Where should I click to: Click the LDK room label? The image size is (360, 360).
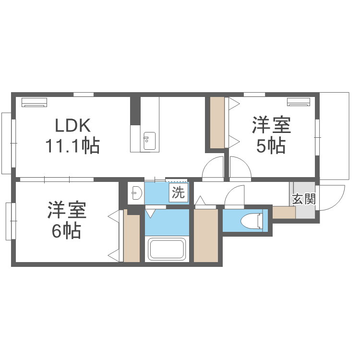click(73, 125)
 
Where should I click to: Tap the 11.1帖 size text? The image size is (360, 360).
click(72, 146)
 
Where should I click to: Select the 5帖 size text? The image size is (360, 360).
click(271, 146)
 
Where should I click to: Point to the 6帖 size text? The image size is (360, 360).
click(66, 231)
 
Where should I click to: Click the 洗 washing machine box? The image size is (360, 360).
click(179, 192)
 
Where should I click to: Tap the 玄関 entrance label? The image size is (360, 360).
click(304, 199)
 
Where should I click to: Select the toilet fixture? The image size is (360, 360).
click(252, 221)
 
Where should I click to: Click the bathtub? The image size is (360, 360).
click(167, 250)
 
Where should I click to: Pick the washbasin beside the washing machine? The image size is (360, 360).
click(137, 193)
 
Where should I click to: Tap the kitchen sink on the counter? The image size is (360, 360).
click(149, 141)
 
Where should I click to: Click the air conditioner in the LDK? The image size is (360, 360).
click(34, 102)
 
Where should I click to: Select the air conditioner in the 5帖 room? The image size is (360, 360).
click(298, 102)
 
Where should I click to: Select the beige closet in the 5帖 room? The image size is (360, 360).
click(217, 122)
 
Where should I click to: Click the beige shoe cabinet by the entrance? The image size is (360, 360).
click(284, 213)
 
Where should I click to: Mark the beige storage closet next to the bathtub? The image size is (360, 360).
click(206, 236)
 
